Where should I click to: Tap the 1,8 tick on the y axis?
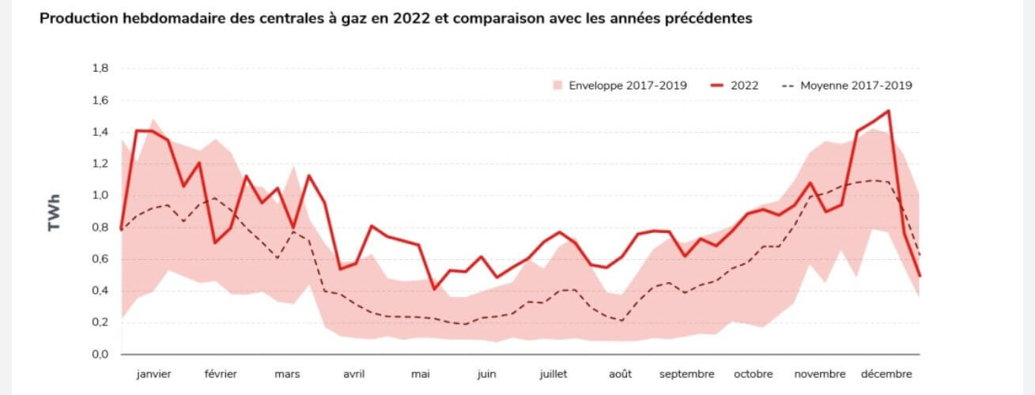pyautogui.click(x=100, y=69)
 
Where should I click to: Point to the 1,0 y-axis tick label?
pyautogui.click(x=100, y=196)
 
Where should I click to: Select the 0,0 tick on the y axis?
pyautogui.click(x=100, y=355)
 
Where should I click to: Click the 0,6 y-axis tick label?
pyautogui.click(x=100, y=259)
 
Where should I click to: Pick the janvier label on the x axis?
pyautogui.click(x=154, y=374)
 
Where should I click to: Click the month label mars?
pyautogui.click(x=287, y=374)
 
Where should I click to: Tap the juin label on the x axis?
pyautogui.click(x=486, y=374)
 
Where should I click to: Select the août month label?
pyautogui.click(x=620, y=374)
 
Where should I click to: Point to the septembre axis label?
pyautogui.click(x=686, y=374)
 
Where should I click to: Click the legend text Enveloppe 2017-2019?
pyautogui.click(x=628, y=85)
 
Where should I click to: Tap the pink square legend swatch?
pyautogui.click(x=557, y=85)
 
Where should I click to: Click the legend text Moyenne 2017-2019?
pyautogui.click(x=856, y=85)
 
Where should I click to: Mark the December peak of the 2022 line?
pyautogui.click(x=889, y=111)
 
